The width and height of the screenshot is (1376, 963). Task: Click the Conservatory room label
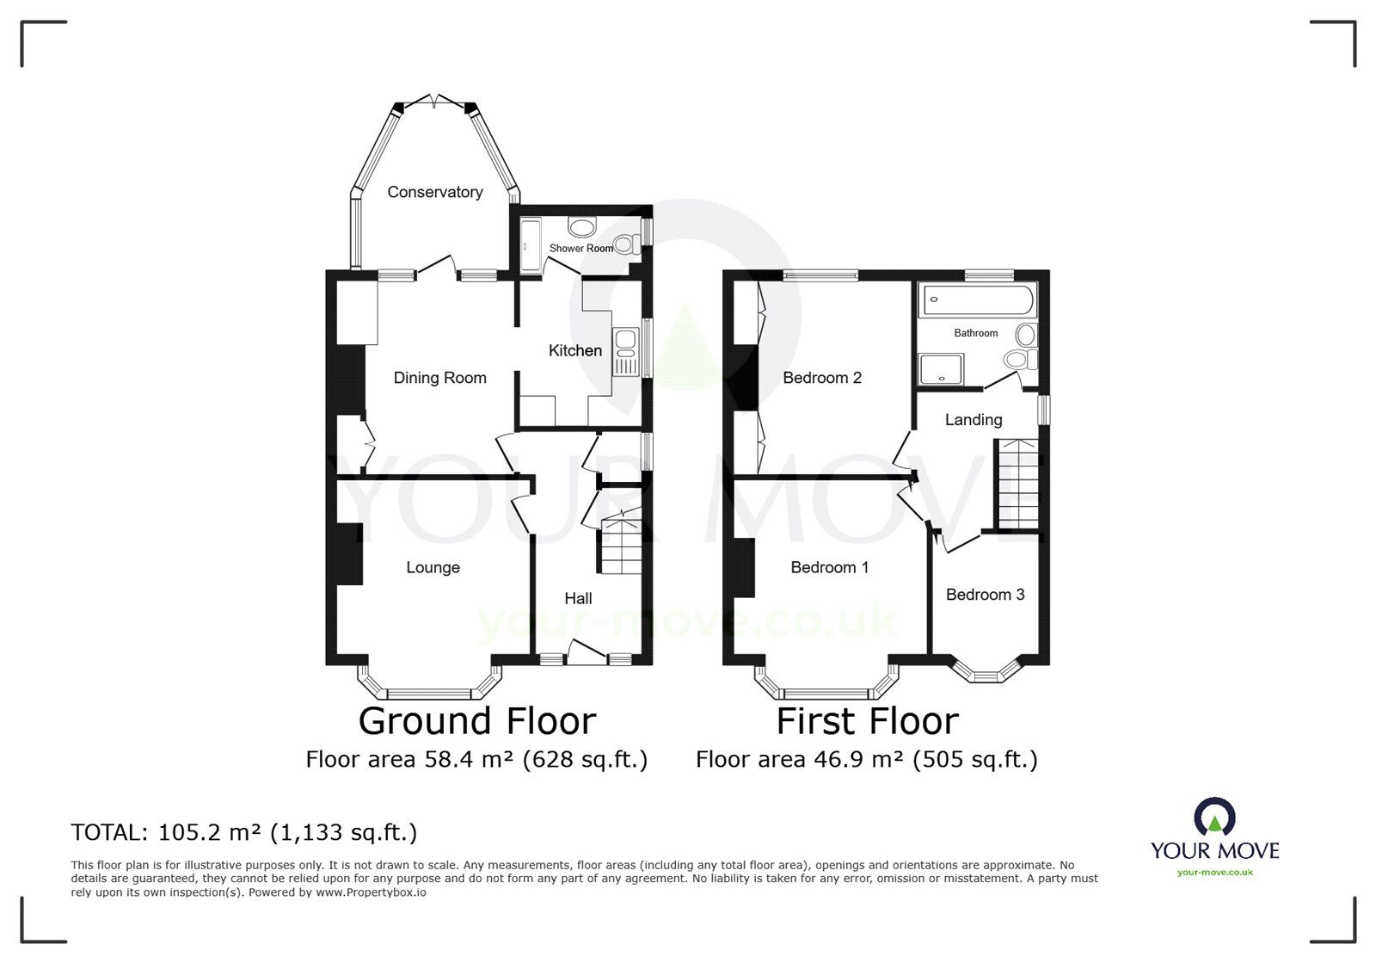pos(434,192)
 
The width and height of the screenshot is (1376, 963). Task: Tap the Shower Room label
pos(581,249)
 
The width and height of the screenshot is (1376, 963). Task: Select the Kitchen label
pos(575,350)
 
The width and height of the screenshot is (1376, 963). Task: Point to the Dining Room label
pos(439,378)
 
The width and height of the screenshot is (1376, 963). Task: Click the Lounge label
pos(433,567)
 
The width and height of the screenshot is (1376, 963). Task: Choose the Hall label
pos(578,598)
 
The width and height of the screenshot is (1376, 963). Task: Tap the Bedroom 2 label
pos(822,378)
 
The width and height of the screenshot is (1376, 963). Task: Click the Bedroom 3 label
pos(985,595)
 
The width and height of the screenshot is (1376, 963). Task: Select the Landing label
pos(974,420)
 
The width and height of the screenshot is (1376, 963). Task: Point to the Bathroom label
pos(976,333)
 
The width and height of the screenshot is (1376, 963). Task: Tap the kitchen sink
pos(624,352)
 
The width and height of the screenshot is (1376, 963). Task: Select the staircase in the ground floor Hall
pos(620,546)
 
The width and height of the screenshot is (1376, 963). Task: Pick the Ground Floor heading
pos(476,721)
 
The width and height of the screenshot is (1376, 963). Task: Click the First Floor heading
pos(867,721)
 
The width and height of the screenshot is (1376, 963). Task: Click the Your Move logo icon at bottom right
pos(1214,817)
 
